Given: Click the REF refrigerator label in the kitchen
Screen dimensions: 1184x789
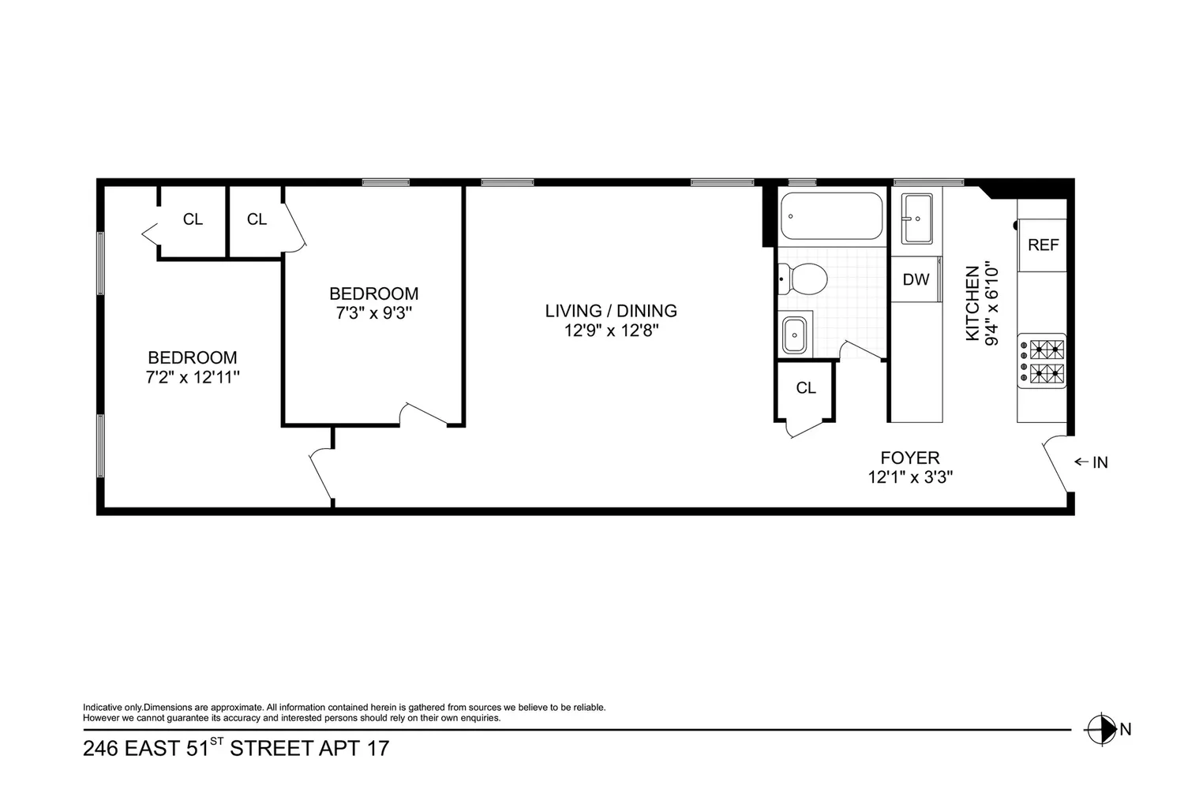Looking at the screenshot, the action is click(x=1043, y=245).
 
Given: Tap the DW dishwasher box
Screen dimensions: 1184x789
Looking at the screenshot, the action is click(x=916, y=279).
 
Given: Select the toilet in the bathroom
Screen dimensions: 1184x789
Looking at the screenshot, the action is click(x=803, y=279).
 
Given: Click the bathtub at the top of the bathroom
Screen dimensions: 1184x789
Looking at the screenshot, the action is click(x=831, y=215).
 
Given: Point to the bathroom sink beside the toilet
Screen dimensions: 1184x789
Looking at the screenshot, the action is click(x=794, y=335).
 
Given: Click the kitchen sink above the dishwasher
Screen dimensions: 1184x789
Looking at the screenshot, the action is click(x=917, y=219).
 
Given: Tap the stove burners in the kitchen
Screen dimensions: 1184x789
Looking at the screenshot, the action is click(x=1041, y=361).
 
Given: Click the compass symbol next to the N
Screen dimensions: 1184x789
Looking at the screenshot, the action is click(x=1100, y=729).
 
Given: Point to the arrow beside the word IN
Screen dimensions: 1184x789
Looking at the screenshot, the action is click(x=1081, y=462).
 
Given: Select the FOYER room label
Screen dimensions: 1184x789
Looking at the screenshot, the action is click(x=909, y=458).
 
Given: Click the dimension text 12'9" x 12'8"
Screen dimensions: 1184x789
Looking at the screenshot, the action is click(x=611, y=331).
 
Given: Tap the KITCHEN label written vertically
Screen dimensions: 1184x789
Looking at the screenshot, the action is click(x=972, y=303).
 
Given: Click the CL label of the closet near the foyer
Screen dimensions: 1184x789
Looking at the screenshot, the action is click(x=806, y=388).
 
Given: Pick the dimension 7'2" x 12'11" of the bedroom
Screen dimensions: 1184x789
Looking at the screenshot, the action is click(x=193, y=377).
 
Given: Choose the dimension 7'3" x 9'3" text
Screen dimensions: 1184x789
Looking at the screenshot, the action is click(x=373, y=313).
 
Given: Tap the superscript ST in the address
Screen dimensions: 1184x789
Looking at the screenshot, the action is click(x=217, y=740).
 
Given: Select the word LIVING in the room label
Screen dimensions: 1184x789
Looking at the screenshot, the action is click(x=573, y=311).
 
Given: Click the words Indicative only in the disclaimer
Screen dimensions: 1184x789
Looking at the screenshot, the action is click(x=113, y=708).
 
